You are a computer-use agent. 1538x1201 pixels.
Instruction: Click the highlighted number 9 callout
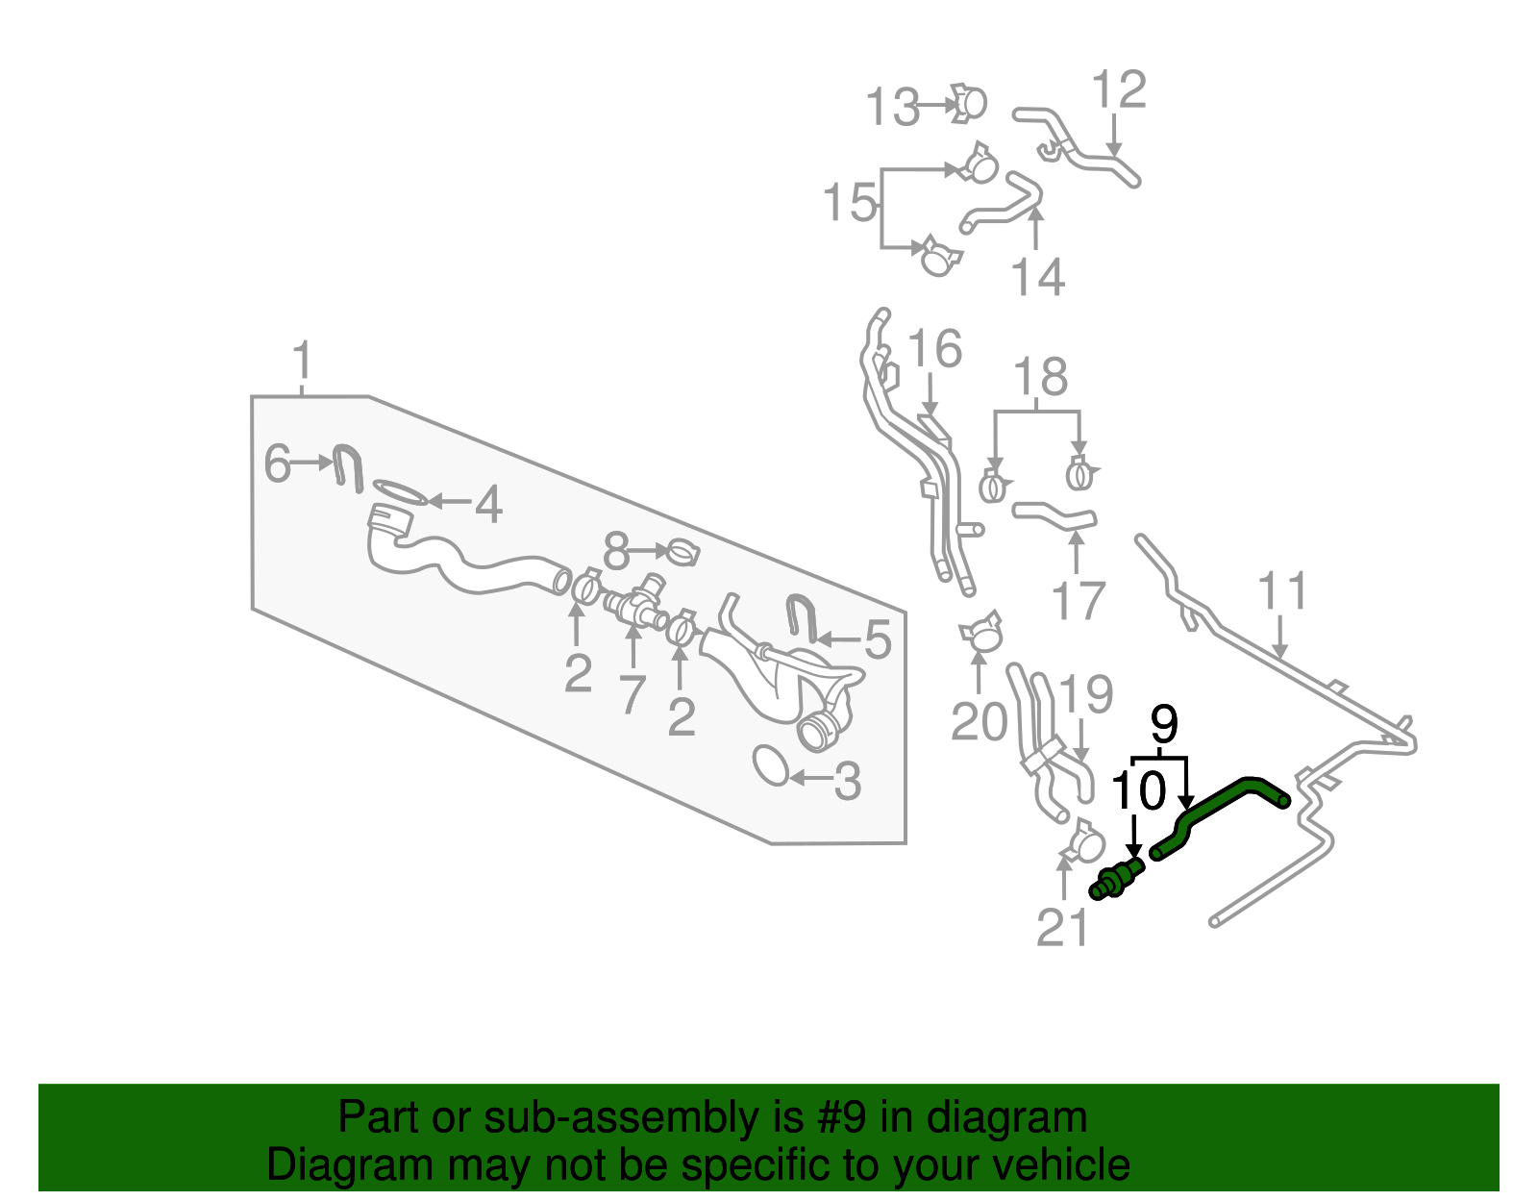click(1163, 724)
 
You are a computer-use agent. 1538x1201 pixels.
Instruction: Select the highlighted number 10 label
click(1138, 791)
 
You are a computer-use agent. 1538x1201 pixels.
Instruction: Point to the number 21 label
click(1063, 928)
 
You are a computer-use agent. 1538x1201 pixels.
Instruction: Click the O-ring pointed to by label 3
click(771, 764)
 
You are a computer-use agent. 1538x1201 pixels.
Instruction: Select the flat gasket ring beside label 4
click(399, 492)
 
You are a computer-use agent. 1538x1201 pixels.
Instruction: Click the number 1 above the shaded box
click(302, 362)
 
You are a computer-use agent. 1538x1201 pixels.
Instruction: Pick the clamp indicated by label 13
click(968, 104)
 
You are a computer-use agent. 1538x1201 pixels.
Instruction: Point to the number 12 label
click(1119, 89)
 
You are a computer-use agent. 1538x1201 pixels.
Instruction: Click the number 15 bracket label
click(850, 203)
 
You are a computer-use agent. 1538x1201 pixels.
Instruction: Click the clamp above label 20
click(981, 633)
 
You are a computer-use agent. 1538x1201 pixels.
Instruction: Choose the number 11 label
click(1282, 591)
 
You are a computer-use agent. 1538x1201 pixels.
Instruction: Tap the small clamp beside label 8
click(683, 553)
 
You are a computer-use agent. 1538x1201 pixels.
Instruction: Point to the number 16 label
click(934, 348)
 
